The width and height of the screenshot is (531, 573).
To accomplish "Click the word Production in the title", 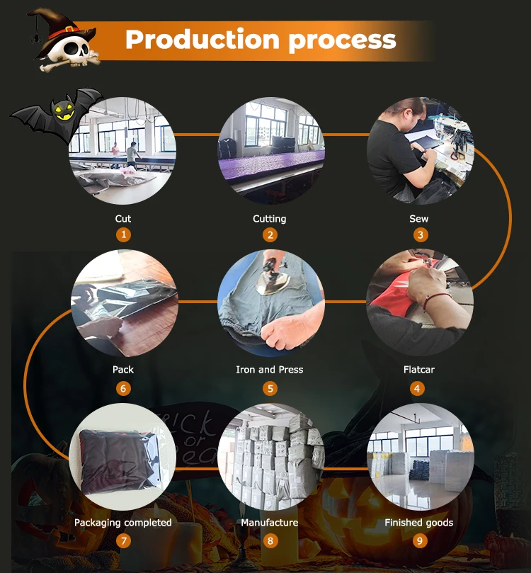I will coord(202,40).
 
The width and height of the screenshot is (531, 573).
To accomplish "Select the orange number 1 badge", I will coord(123,235).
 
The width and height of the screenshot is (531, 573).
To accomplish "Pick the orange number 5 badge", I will coord(270,388).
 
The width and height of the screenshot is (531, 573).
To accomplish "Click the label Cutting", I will coord(270,219).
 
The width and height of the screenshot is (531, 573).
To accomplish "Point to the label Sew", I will coord(418,219).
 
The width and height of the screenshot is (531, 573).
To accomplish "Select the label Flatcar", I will coord(418,370).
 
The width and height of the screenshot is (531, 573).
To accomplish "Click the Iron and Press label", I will coord(270,370).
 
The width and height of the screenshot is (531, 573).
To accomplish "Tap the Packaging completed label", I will coord(123,523).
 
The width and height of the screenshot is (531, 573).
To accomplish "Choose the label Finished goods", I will coord(418,523).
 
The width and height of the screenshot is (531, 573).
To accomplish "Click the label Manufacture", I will coord(270,523).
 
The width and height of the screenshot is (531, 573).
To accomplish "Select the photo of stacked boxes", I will coord(270,457).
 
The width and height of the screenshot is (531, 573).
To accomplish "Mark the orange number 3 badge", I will coord(421,235).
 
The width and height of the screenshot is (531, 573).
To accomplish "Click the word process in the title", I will coord(342,40).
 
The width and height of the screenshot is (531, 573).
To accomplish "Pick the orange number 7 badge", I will coord(123,541).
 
